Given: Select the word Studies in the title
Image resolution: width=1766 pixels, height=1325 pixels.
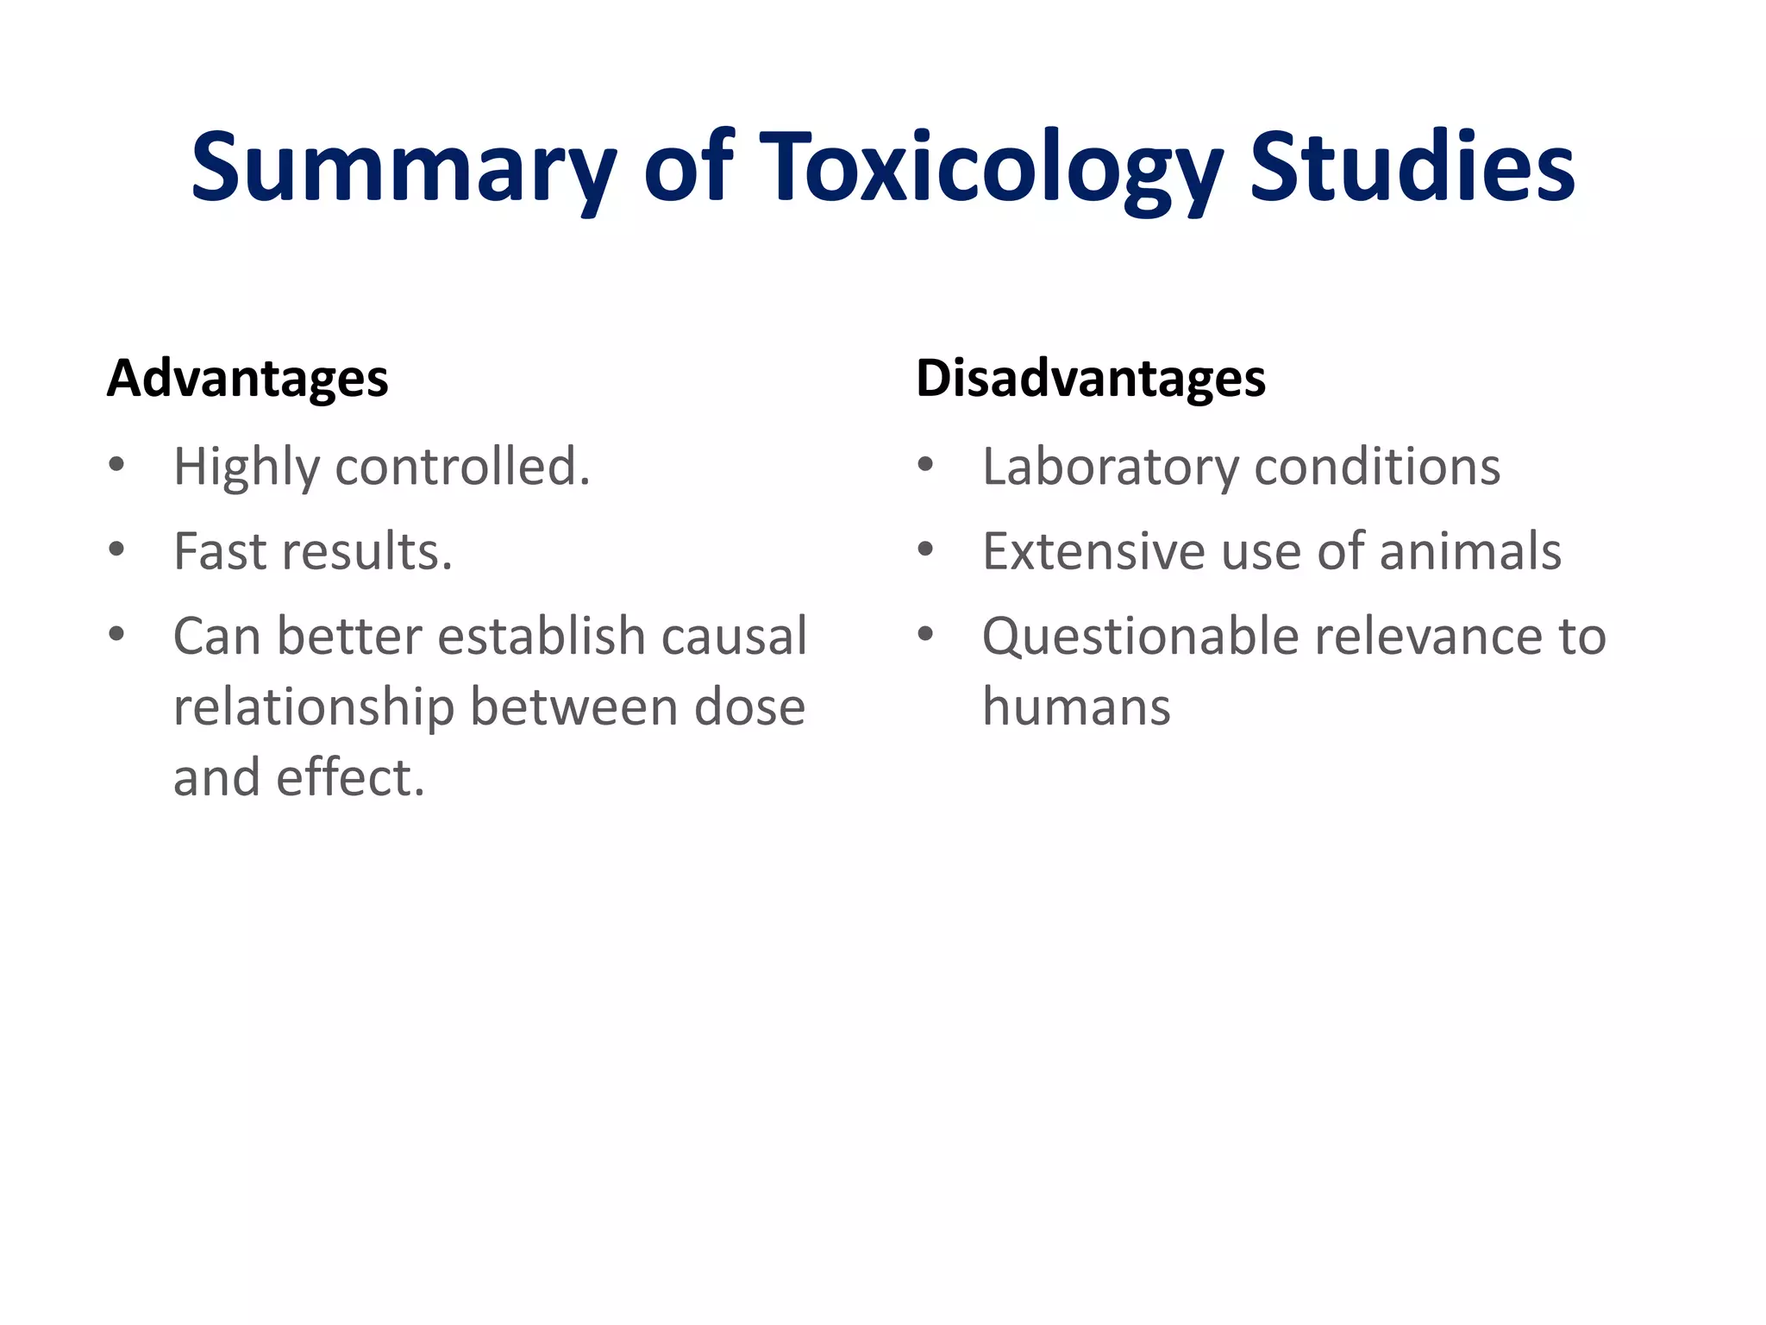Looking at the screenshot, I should pyautogui.click(x=1412, y=167).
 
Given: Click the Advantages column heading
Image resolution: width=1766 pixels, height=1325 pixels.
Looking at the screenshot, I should pyautogui.click(x=247, y=379).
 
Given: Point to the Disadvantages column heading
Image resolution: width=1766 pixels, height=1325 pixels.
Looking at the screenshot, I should pyautogui.click(x=1090, y=379).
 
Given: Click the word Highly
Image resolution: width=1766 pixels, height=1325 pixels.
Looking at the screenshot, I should pyautogui.click(x=247, y=468).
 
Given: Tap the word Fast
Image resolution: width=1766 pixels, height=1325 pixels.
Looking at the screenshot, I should pyautogui.click(x=220, y=552).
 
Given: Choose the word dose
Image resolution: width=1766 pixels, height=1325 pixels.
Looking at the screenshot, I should pyautogui.click(x=749, y=707).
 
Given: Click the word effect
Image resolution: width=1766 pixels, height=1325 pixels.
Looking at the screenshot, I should pyautogui.click(x=350, y=777).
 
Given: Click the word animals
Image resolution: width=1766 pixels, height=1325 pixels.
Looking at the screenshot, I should pyautogui.click(x=1470, y=552).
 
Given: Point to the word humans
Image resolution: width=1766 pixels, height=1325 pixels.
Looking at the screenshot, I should pyautogui.click(x=1076, y=707).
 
